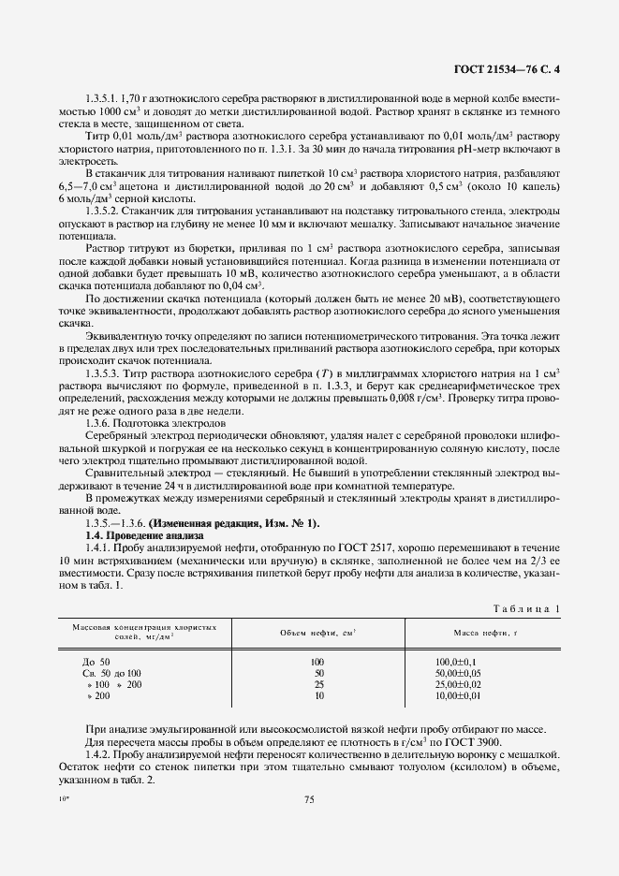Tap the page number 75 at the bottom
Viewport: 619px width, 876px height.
pos(309,798)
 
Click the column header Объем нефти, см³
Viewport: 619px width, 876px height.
pos(318,634)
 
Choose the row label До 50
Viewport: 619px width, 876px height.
pos(96,662)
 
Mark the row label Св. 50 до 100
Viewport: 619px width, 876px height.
pos(112,673)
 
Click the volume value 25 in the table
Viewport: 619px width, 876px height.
pos(318,684)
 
